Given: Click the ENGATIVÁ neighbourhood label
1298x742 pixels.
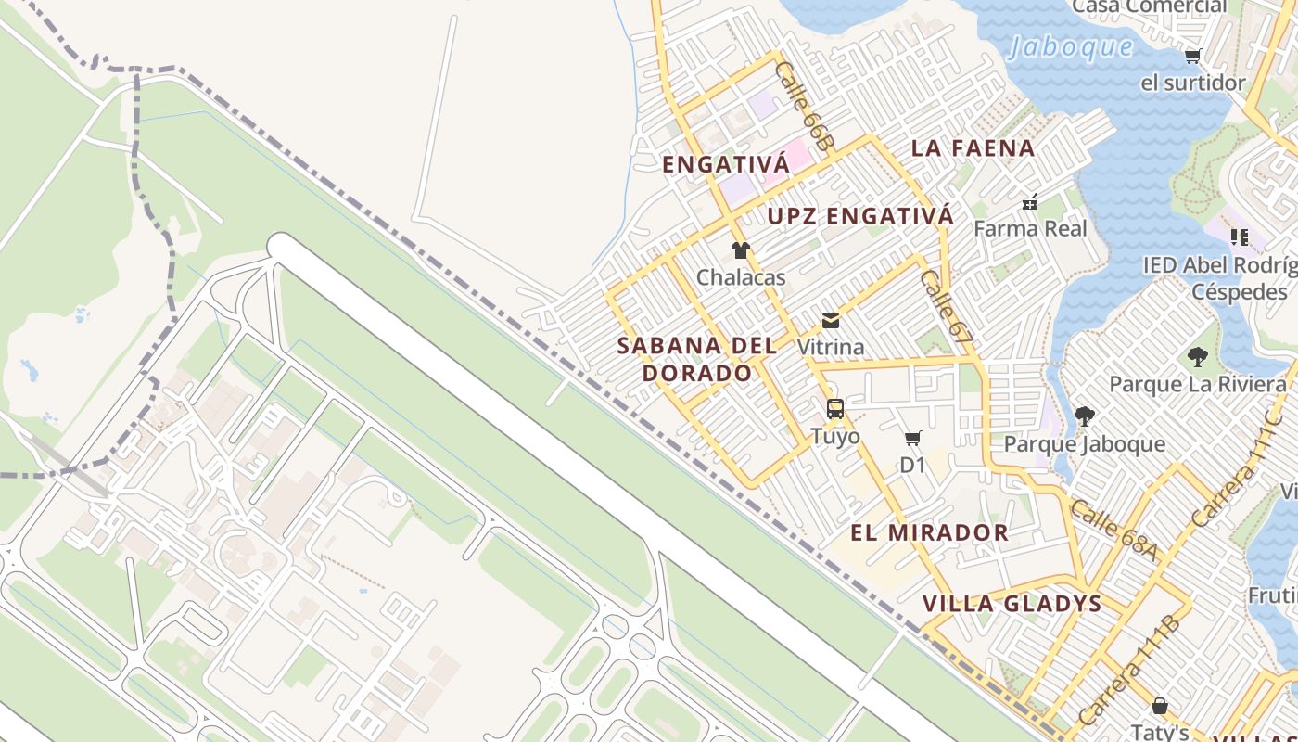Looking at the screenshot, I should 725,165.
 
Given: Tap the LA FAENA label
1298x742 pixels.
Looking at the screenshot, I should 973,147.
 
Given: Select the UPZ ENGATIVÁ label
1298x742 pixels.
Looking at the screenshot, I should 860,216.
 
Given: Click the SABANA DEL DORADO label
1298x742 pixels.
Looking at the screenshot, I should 696,359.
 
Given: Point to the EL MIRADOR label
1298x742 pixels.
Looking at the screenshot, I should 930,532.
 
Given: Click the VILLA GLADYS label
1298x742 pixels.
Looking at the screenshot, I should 1012,604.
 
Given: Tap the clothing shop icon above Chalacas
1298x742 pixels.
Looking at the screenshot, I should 740,250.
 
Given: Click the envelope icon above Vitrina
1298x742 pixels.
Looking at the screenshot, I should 831,321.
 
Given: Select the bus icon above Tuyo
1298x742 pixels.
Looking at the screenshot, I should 834,409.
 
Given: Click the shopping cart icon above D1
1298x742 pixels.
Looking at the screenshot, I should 913,439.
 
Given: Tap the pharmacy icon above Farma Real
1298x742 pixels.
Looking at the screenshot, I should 1029,201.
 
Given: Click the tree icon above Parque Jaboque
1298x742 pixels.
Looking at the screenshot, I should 1084,416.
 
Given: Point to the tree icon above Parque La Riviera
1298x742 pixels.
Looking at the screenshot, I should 1197,356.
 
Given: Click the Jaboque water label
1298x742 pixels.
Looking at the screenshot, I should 1071,47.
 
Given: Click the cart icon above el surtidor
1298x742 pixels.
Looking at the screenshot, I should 1192,57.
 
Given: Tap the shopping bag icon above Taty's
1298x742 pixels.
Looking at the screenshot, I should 1159,706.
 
